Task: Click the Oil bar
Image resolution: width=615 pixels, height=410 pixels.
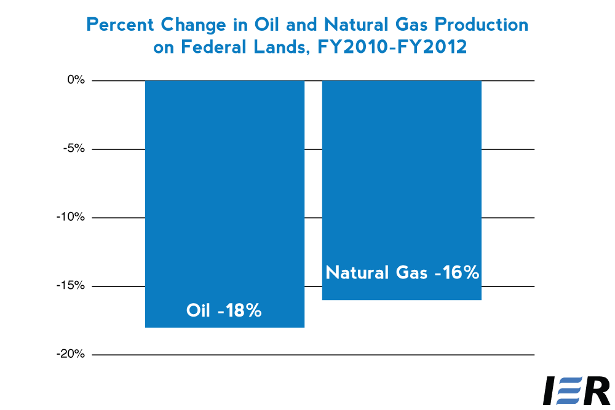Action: coord(224,204)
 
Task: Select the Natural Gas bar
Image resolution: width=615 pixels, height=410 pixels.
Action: coord(402,190)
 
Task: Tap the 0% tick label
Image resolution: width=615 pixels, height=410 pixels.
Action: coord(76,80)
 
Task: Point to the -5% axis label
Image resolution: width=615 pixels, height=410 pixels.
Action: coord(74,149)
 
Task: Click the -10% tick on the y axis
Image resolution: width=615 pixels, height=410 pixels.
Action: coord(71,217)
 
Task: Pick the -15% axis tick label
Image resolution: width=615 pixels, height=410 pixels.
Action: coord(71,285)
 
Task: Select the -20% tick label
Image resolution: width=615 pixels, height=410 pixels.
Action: coord(71,354)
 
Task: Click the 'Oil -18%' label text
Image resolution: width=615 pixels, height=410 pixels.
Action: coord(224,310)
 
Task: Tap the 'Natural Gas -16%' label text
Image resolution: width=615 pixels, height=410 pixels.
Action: coord(402,272)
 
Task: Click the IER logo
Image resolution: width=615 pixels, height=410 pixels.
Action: coord(577,390)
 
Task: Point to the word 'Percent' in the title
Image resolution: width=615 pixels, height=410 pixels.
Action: coord(121,25)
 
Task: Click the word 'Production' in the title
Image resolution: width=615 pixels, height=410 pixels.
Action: coord(482,25)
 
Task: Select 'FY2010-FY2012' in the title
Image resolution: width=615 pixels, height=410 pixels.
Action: coord(392,47)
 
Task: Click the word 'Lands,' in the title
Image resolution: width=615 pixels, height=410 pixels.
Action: coord(281,48)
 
